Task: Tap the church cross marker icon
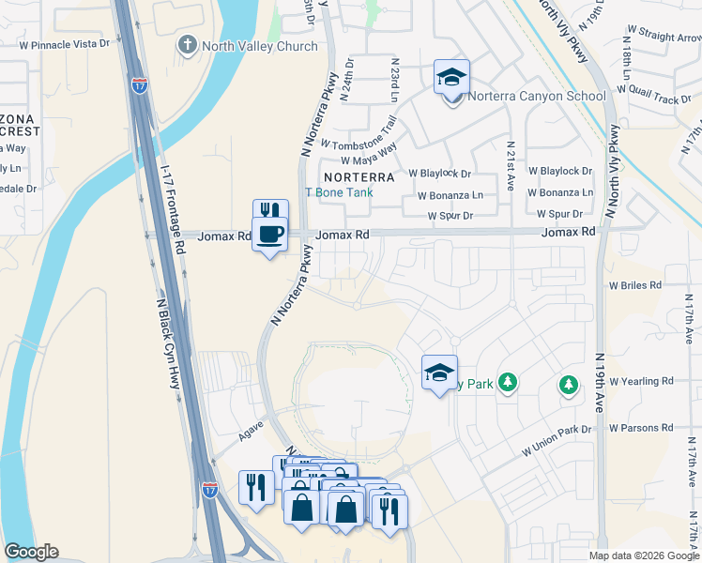[x=188, y=44]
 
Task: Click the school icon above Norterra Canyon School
[x=451, y=78]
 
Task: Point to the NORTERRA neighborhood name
[x=359, y=176]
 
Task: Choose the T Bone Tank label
[x=339, y=192]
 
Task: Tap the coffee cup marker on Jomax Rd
[x=269, y=234]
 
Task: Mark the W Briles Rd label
[x=635, y=284]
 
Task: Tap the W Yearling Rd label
[x=641, y=381]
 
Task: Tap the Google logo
[x=31, y=552]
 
